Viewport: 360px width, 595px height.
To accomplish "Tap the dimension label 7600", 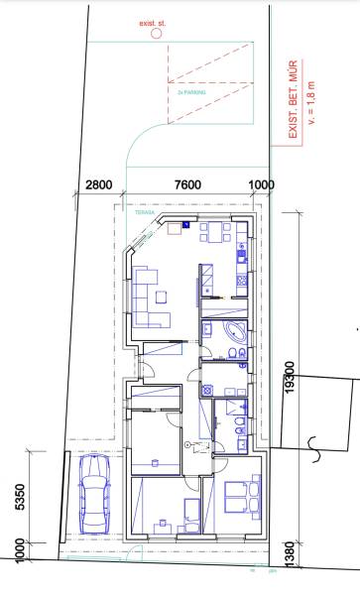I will coord(188,184).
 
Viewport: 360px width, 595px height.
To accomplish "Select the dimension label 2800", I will coord(98,184).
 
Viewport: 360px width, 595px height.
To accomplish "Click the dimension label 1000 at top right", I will coord(262,184).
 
